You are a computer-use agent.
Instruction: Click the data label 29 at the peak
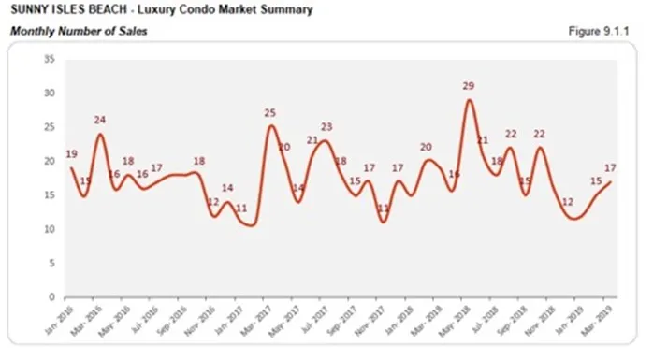pos(468,86)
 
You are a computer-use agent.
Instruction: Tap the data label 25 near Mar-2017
pos(269,113)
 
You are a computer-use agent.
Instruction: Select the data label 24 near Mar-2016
pos(100,120)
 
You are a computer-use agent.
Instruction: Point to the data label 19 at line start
pos(71,154)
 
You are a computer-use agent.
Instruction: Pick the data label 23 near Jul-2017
pos(326,127)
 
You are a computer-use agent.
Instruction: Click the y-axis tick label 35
pos(50,59)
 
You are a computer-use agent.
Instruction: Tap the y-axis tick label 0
pos(52,296)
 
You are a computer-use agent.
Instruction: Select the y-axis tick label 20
pos(50,161)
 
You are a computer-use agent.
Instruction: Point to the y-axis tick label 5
pos(52,263)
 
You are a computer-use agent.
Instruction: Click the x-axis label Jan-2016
pos(61,318)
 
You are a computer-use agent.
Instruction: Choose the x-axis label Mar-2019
pos(600,318)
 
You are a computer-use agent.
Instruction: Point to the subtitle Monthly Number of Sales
pos(79,32)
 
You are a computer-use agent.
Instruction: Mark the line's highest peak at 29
pos(469,100)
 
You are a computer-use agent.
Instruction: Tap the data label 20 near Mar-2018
pos(425,147)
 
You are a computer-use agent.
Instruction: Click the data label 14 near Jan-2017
pos(226,188)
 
